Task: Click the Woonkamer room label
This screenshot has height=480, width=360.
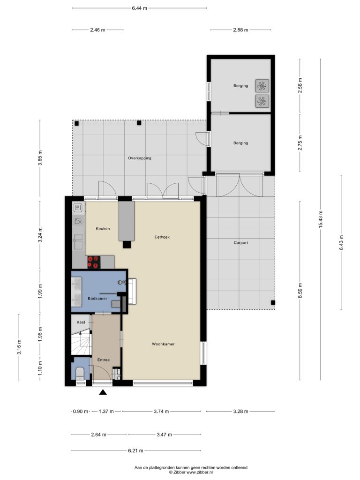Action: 163,344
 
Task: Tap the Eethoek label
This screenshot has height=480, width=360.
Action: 162,237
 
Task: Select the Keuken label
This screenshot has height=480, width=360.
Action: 103,229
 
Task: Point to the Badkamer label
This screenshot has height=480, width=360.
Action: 97,299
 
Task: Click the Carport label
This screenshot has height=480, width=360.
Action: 240,243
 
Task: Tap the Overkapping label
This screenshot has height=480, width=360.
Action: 140,158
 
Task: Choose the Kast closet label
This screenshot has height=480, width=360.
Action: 81,322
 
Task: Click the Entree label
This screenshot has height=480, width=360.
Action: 104,360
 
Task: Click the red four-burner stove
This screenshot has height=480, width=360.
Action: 94,262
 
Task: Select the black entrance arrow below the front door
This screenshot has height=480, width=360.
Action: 103,392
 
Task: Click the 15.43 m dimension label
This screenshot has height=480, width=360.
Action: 321,219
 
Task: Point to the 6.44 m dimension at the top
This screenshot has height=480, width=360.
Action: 140,8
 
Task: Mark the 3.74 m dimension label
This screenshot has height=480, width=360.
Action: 161,412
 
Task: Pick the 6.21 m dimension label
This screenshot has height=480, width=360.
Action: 136,450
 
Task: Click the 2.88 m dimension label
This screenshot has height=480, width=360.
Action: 240,30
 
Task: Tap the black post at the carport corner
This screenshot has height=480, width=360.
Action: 273,303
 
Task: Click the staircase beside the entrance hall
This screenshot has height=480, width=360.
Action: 81,342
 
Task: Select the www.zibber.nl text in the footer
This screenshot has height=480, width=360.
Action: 200,472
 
